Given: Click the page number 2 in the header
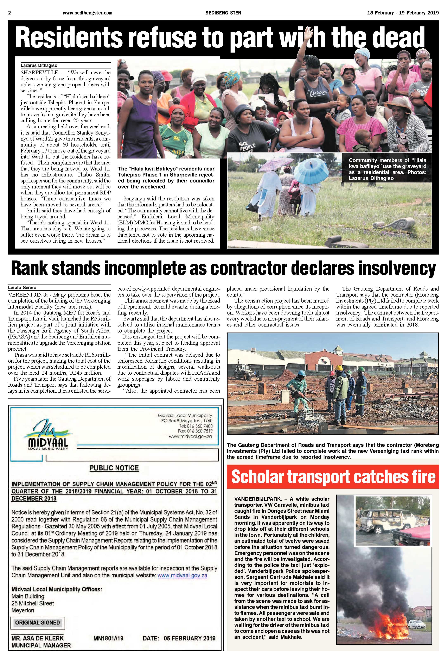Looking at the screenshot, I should (10, 13).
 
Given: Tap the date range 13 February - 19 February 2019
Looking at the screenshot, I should (403, 13).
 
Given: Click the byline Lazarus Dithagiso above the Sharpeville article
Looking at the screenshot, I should (39, 66).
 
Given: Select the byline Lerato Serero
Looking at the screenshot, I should (22, 287).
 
